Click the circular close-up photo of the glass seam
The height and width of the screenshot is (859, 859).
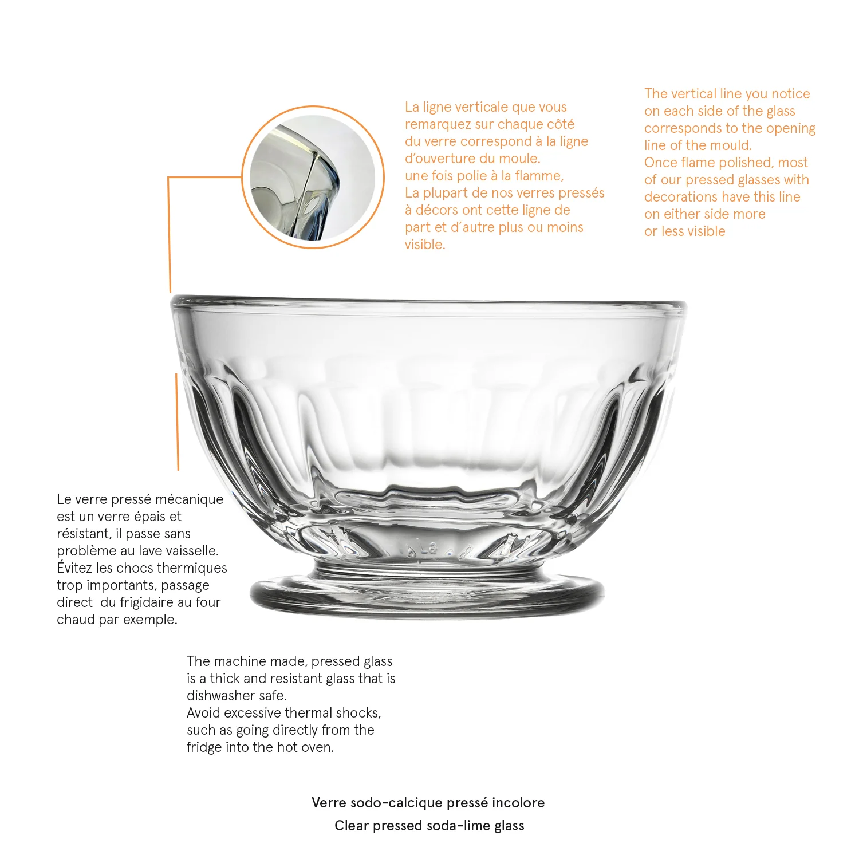(x=313, y=178)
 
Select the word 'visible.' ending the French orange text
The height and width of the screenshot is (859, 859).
(x=425, y=245)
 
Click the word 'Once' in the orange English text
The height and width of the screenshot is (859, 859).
(x=660, y=163)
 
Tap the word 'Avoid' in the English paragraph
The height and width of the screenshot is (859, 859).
(x=203, y=713)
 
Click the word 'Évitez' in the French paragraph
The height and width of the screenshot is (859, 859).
(x=74, y=568)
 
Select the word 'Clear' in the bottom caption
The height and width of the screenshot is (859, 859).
(x=352, y=826)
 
